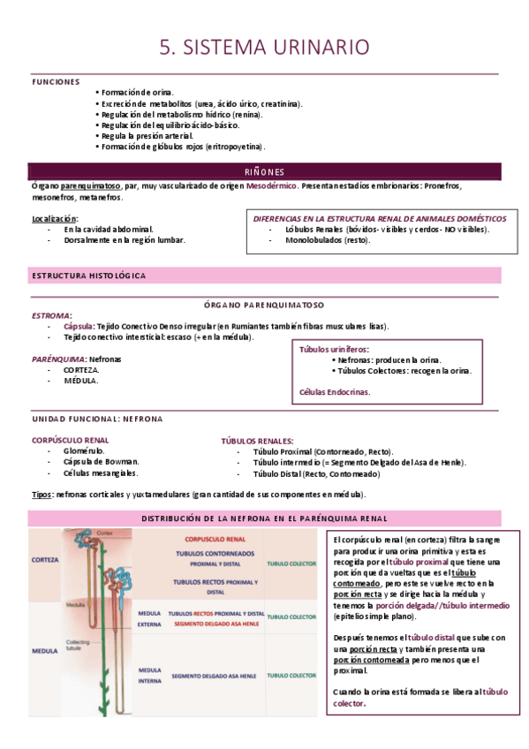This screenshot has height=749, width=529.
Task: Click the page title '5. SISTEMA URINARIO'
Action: tap(264, 47)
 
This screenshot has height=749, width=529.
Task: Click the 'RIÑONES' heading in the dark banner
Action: tap(264, 170)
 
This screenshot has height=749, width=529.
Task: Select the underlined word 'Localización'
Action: tap(55, 217)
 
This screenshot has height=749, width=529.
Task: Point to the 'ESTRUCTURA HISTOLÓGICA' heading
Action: tap(89, 276)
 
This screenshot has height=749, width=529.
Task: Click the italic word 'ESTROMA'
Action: tap(51, 315)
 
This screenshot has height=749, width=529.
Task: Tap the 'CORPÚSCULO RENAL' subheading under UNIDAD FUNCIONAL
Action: tap(71, 439)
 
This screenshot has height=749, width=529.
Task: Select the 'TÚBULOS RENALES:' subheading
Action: tap(258, 440)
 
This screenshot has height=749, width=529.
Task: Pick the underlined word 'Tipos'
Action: tap(42, 495)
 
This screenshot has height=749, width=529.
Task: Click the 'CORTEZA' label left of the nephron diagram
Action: tap(45, 560)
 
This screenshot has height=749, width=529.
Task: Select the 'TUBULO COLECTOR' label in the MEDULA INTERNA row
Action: tap(291, 676)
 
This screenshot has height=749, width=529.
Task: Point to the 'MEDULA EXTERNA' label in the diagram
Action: tap(148, 618)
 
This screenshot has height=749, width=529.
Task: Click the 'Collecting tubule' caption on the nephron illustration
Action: tap(79, 647)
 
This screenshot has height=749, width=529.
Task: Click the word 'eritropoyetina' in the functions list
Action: tap(233, 147)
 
